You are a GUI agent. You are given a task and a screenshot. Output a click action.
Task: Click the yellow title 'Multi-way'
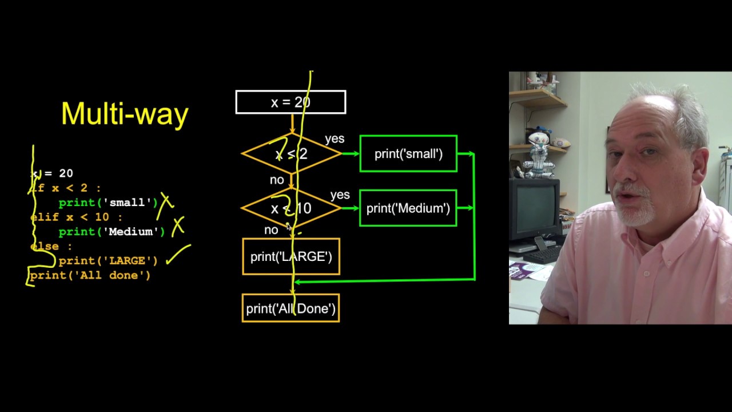125,113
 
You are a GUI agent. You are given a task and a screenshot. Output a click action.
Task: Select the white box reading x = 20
291,102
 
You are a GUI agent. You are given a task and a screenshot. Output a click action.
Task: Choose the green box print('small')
408,153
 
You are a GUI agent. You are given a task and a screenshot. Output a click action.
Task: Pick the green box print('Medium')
408,208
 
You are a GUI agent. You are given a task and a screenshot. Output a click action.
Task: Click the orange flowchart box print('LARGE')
291,256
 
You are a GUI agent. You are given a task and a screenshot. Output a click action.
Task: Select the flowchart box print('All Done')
291,308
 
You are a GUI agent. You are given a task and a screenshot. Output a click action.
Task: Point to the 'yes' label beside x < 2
335,139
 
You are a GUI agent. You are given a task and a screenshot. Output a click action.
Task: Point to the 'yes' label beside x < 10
340,195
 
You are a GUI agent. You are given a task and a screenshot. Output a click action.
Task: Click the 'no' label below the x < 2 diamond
277,180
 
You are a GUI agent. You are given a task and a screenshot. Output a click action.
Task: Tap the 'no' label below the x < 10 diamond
271,230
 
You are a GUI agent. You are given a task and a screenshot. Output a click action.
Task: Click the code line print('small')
108,203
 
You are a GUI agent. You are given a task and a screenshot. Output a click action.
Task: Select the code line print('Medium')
112,232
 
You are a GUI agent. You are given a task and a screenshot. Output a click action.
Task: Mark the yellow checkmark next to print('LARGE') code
178,255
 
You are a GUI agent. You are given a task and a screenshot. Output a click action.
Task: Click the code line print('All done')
90,275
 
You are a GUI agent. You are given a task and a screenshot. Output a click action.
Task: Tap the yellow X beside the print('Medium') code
178,226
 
